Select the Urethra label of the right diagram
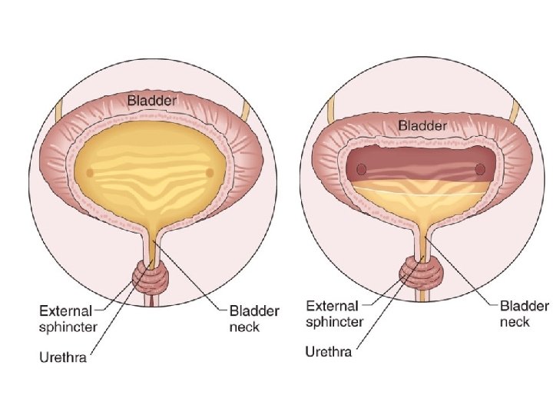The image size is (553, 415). [x=329, y=351]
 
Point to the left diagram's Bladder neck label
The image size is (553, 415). [x=254, y=319]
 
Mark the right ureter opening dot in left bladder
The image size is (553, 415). [x=209, y=172]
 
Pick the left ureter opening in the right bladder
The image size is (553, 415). [x=362, y=169]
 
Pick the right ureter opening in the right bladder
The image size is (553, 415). [x=480, y=169]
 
